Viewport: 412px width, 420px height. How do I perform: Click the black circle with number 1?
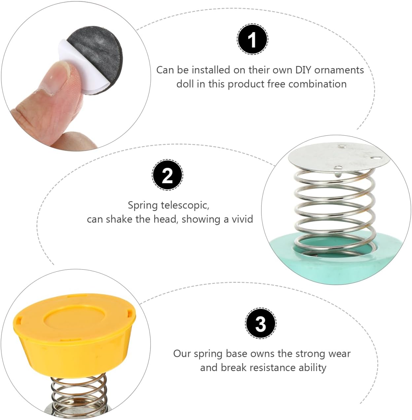252,39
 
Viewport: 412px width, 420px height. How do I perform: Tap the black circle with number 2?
167,175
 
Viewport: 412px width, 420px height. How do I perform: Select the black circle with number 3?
260,324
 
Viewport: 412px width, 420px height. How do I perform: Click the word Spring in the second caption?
143,205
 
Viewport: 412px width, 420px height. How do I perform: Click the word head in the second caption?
164,219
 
